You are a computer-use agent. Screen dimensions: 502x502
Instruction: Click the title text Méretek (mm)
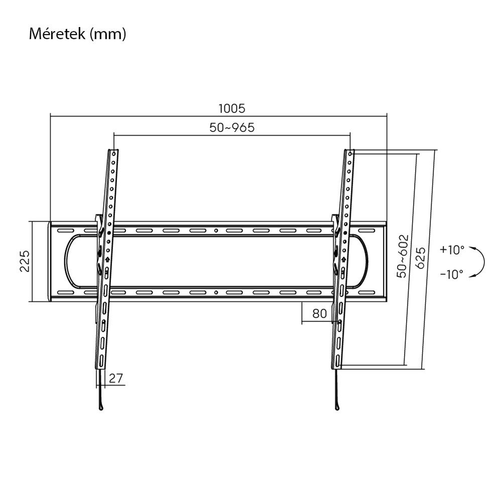click(77, 35)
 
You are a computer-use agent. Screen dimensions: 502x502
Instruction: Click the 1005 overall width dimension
click(231, 108)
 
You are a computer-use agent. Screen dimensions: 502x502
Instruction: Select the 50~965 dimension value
click(231, 128)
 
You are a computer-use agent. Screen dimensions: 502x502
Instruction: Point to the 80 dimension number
click(319, 314)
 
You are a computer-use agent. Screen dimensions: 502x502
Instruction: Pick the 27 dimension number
click(116, 378)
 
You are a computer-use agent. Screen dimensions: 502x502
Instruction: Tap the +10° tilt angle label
click(452, 249)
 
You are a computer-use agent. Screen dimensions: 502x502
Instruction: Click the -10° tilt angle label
click(452, 274)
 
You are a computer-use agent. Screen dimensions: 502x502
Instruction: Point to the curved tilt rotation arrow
click(480, 262)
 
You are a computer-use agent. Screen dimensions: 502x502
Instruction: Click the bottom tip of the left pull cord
click(102, 408)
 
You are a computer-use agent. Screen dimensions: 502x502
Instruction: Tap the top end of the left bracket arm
click(114, 151)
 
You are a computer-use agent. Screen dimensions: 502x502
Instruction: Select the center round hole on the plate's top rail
click(216, 231)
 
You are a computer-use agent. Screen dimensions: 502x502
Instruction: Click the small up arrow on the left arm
click(107, 259)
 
